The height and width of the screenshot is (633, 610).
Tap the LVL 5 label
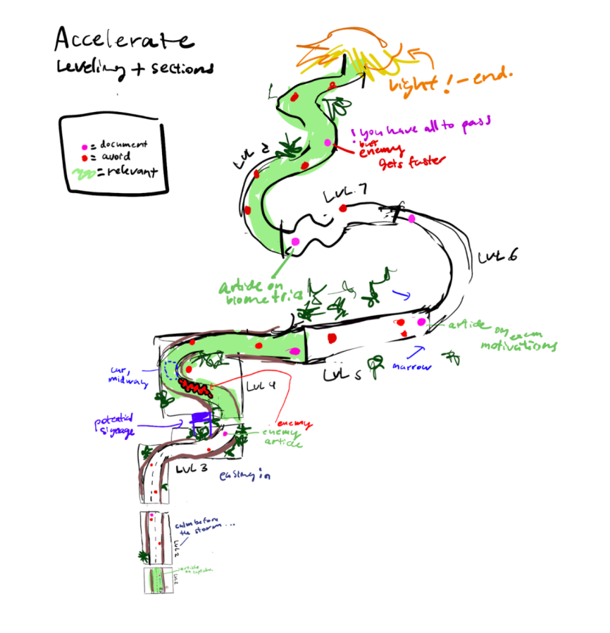click(x=343, y=374)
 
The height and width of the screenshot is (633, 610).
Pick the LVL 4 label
click(x=261, y=386)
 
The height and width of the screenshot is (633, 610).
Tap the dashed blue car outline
click(x=171, y=369)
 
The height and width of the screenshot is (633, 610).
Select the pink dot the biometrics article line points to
click(x=294, y=242)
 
